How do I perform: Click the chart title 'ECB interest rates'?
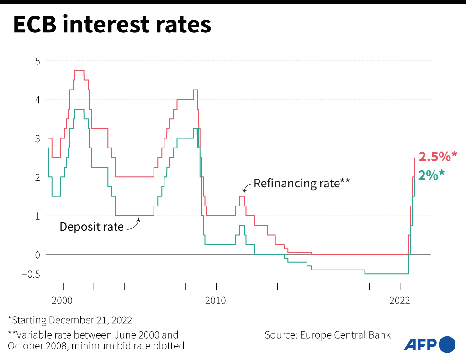point(112,25)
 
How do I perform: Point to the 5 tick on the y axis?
point(37,61)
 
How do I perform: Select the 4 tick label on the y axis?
point(37,100)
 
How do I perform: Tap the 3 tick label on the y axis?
point(37,138)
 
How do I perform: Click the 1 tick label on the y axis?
point(37,216)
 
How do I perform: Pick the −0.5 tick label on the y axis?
point(31,274)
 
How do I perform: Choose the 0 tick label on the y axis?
point(37,254)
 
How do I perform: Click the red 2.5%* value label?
point(438,157)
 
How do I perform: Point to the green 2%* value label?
point(431,175)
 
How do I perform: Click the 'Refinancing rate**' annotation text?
point(302,184)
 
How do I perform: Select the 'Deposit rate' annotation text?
point(91,227)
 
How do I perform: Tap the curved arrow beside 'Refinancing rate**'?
point(247,186)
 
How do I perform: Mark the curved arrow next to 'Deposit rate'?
point(133,224)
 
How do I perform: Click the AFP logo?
point(429,344)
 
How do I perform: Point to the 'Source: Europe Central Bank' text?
point(328,335)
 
